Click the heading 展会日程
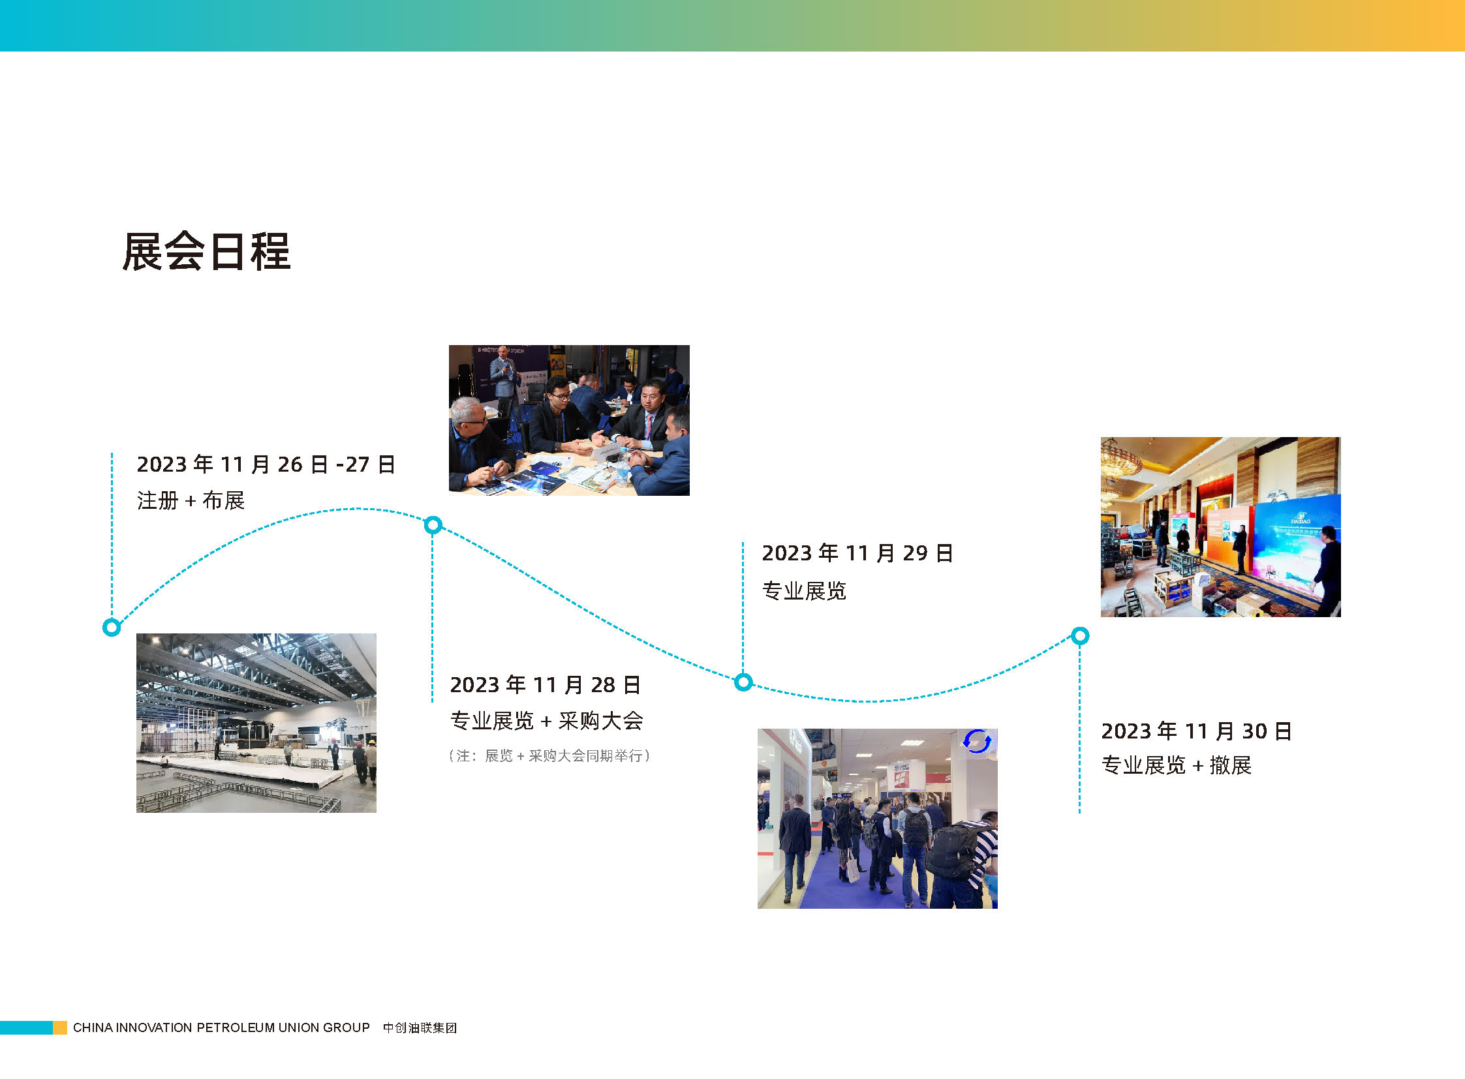click(206, 251)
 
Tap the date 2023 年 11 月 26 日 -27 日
click(266, 464)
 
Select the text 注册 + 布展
click(191, 500)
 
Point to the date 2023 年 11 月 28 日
click(546, 684)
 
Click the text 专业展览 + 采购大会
click(547, 720)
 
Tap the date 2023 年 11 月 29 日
click(858, 553)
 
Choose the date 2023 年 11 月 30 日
click(1196, 731)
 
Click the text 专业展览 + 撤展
click(1176, 765)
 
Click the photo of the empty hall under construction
click(256, 723)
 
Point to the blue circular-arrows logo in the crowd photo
click(978, 741)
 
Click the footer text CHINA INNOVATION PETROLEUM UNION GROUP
click(221, 1027)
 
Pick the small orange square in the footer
click(59, 1027)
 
